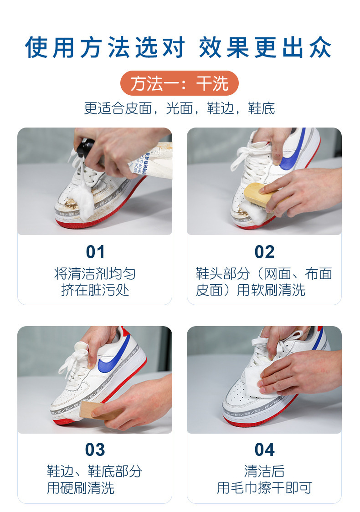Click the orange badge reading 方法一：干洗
[180, 83]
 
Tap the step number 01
[95, 252]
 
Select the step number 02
[264, 252]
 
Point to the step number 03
[95, 450]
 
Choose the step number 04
[264, 450]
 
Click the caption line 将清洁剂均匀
[95, 274]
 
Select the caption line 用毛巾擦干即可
[264, 488]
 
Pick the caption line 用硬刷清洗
[81, 488]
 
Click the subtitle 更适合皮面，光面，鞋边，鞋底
[180, 108]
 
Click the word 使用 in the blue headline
[50, 48]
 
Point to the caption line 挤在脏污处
[95, 290]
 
